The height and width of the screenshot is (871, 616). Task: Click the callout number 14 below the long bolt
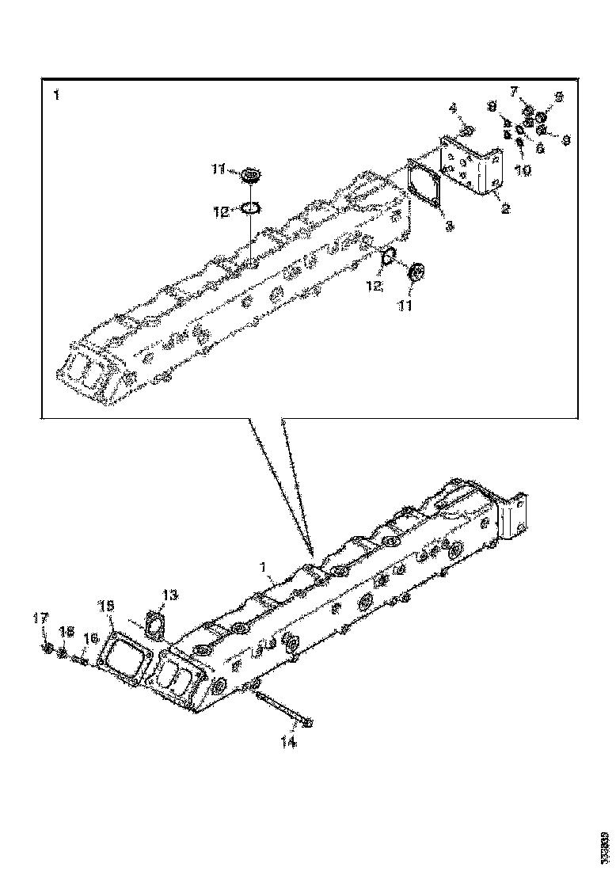289,742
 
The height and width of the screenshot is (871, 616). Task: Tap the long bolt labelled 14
282,709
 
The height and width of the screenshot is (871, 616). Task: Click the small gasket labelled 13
154,624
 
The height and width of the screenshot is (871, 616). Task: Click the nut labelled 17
48,648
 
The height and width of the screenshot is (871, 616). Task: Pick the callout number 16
92,637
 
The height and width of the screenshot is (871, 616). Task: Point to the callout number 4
454,108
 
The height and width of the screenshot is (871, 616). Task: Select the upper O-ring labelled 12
250,208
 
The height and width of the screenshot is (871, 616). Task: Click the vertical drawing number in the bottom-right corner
605,846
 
